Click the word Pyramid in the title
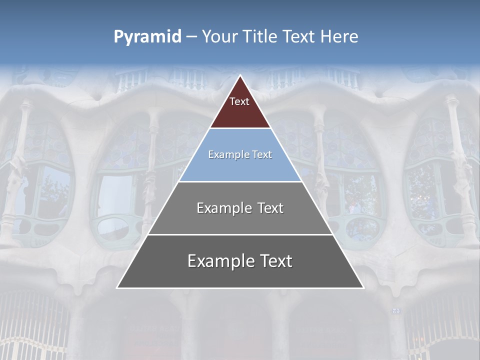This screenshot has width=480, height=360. (x=147, y=37)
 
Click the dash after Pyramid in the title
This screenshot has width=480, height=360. (x=191, y=37)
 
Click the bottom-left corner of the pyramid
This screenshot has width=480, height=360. (x=117, y=287)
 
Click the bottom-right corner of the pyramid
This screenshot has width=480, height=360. (x=363, y=287)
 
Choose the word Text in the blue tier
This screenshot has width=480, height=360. (x=261, y=155)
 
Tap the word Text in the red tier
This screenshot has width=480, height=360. (x=239, y=101)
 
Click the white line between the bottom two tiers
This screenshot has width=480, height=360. (x=240, y=234)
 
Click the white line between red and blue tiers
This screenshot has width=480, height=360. (x=240, y=128)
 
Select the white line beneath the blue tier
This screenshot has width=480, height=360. (x=240, y=181)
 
